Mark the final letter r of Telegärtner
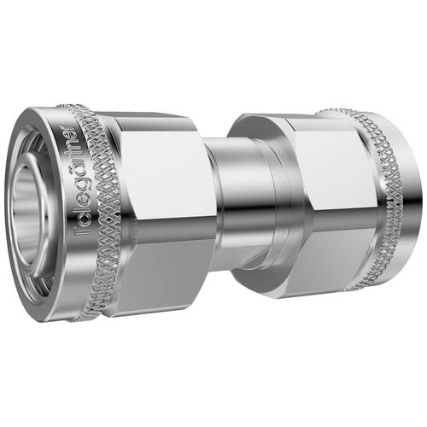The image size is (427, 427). (69, 137)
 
